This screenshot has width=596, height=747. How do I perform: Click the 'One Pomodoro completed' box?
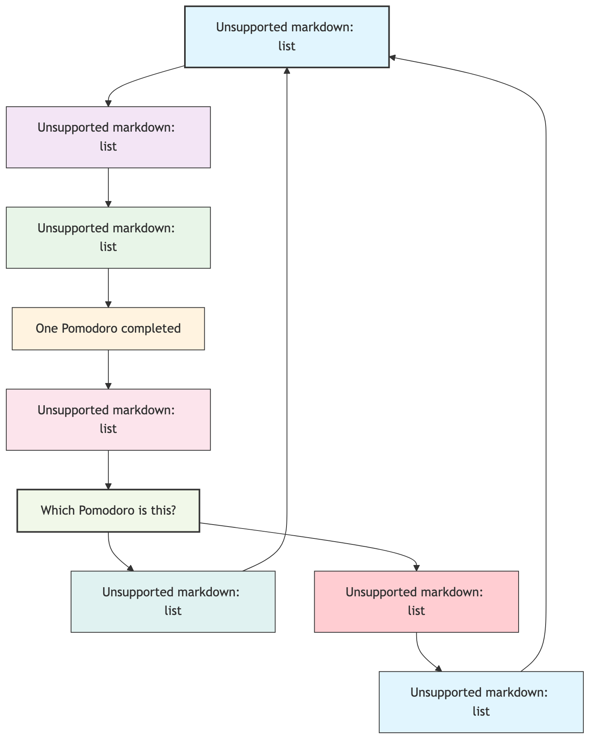108,329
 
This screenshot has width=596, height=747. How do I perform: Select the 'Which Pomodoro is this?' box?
108,510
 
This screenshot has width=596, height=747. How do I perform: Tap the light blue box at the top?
286,37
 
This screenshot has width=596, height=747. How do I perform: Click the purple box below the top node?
108,137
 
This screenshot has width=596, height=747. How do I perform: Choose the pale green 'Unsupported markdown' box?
108,238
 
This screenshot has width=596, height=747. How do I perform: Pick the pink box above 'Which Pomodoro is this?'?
108,419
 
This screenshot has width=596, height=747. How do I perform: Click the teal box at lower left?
173,601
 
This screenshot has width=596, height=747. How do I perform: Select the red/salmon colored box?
416,601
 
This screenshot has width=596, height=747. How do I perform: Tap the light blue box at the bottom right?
481,702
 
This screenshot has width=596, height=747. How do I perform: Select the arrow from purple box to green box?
108,187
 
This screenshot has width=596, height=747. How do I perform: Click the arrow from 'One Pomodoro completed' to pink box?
108,369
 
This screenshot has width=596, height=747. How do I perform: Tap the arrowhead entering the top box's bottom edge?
287,71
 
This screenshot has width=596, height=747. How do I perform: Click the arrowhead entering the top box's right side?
392,57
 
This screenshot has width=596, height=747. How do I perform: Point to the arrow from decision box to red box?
317,539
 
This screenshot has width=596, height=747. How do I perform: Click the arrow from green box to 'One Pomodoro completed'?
108,287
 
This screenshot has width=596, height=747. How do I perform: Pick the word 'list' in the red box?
416,611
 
